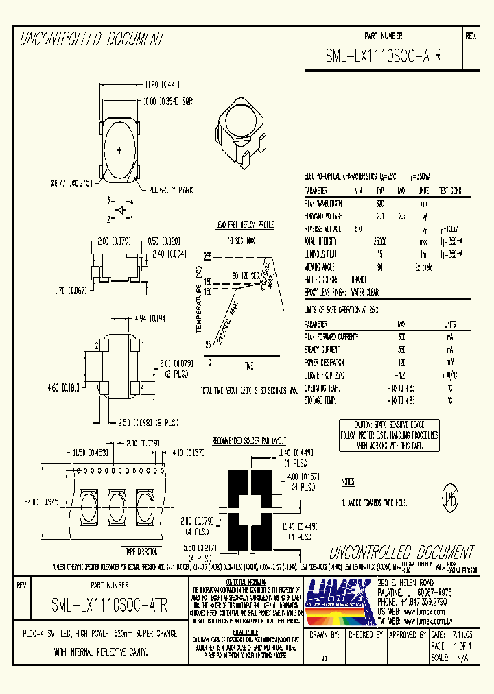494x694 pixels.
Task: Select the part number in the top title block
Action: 383,58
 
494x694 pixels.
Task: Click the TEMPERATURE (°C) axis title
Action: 200,302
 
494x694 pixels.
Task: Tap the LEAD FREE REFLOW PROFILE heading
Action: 245,224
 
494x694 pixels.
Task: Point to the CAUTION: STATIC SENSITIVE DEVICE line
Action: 389,426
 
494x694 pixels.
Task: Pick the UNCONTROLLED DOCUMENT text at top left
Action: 92,38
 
